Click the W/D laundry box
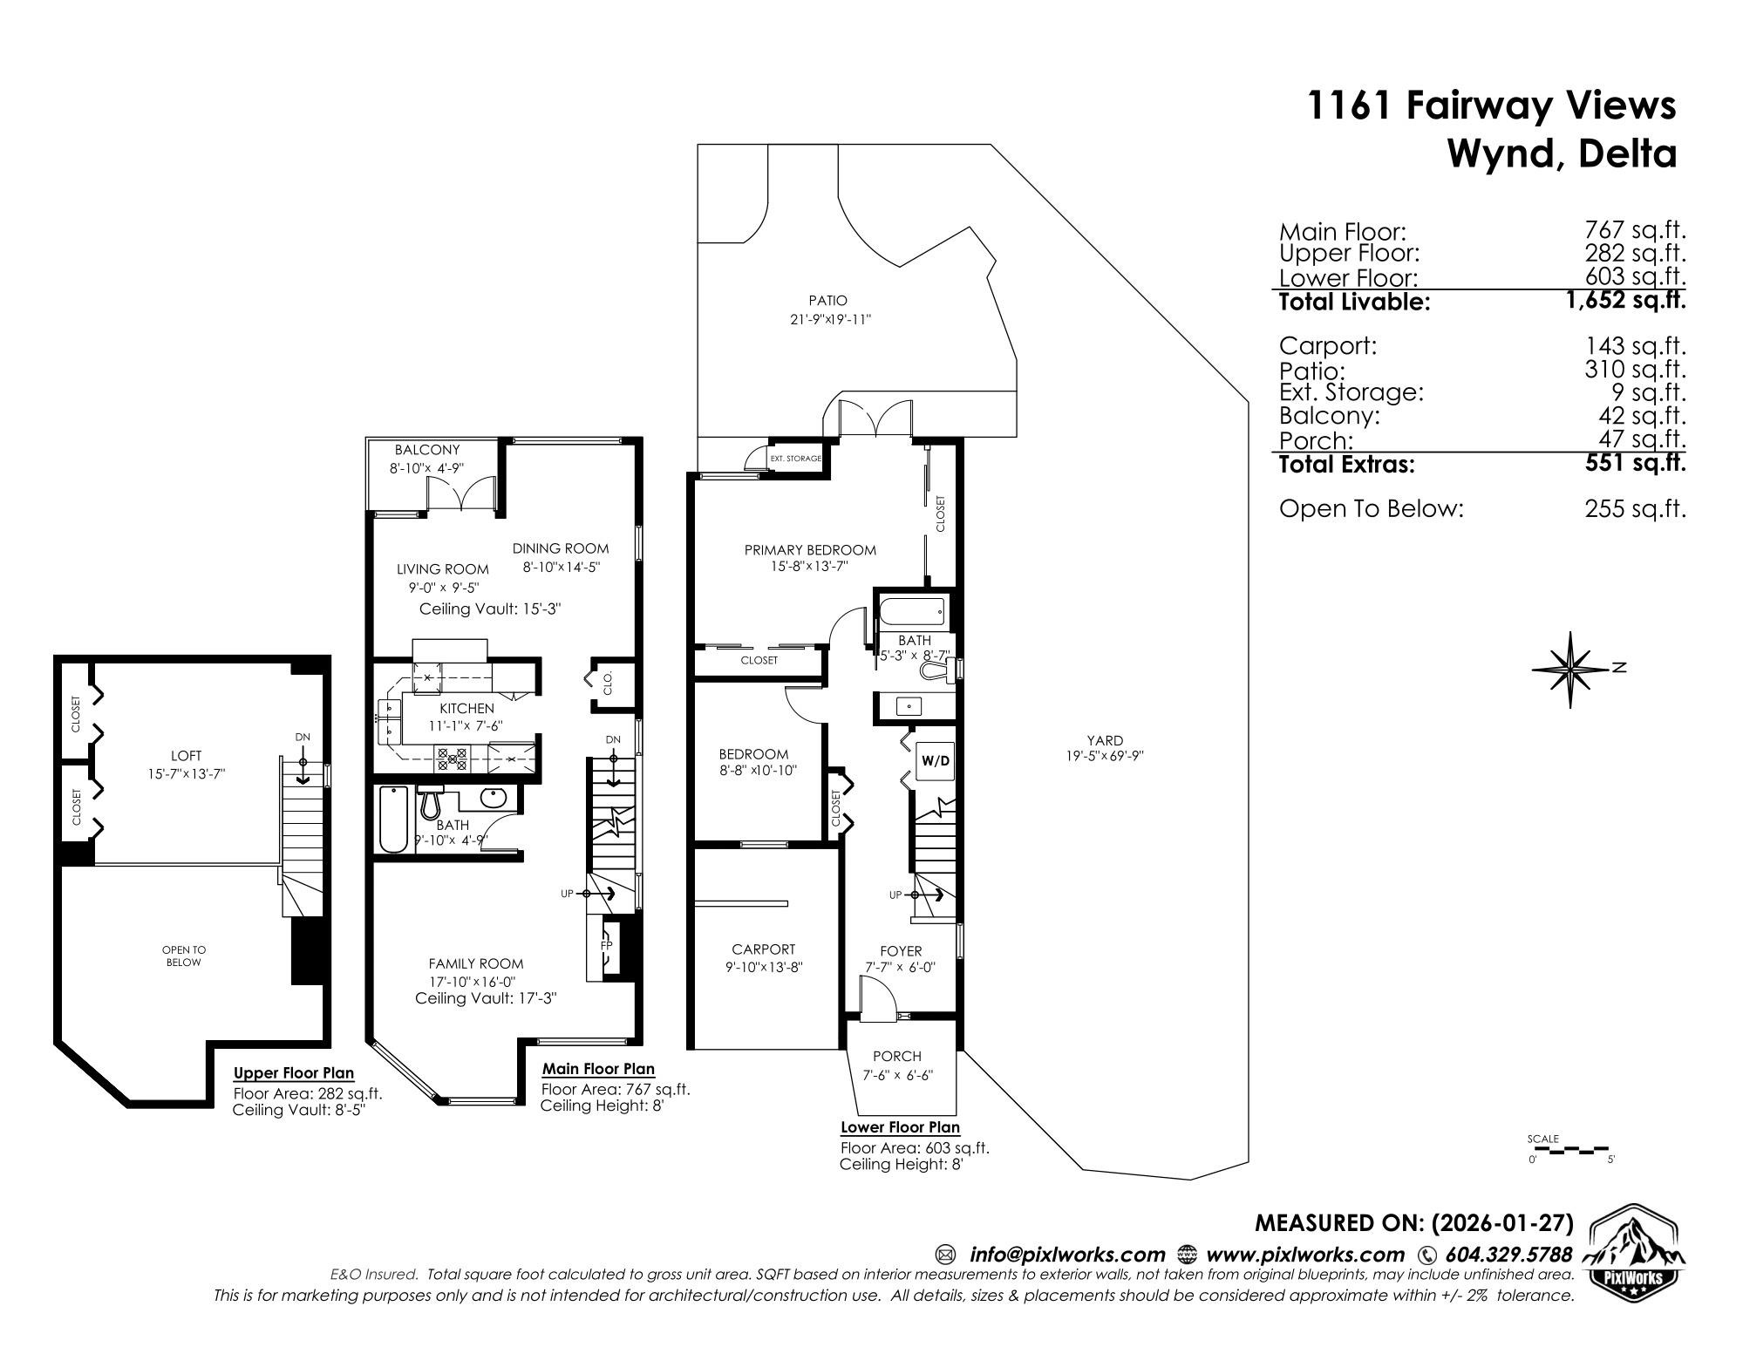coord(935,760)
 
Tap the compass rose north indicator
coord(1571,669)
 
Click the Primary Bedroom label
coord(809,550)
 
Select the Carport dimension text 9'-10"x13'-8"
coord(763,966)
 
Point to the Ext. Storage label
coord(794,459)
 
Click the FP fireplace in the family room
coord(608,946)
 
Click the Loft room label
coord(186,756)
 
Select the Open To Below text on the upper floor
coord(183,956)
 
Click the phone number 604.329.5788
coord(1508,1255)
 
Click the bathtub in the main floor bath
coord(394,820)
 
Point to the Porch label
coord(896,1056)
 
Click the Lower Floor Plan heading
coord(899,1127)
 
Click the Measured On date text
coord(1413,1223)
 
